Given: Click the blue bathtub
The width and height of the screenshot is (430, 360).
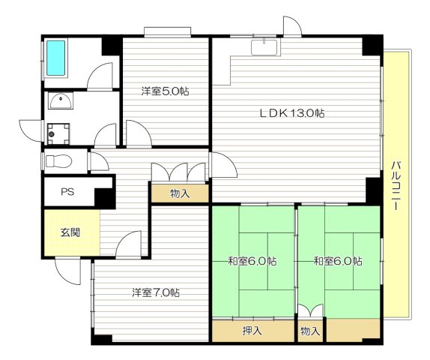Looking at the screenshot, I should point(57,57).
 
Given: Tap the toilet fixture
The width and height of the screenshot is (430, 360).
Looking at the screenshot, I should point(58,160).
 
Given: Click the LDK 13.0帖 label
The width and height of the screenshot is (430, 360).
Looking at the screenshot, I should point(291,113).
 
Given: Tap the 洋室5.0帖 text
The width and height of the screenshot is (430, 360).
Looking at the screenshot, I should point(165,91).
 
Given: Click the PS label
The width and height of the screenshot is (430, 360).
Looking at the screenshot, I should point(67,193).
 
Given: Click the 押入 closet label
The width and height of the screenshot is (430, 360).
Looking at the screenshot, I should point(252,330).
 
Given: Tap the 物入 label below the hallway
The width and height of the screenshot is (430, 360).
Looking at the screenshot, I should point(180,193).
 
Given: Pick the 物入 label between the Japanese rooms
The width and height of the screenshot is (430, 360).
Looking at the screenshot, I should point(310,330).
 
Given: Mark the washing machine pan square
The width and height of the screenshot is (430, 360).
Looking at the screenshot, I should point(57,133).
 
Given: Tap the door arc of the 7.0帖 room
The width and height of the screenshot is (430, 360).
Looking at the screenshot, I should point(129,243).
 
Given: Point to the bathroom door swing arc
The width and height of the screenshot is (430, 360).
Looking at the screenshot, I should point(100,76).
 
